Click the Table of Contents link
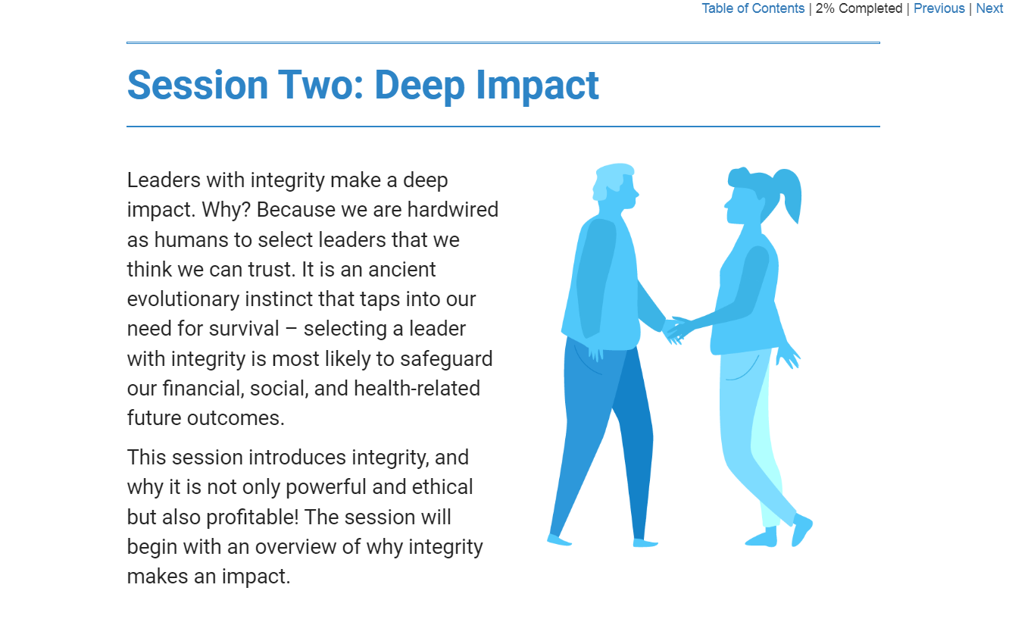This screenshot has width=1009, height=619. point(753,8)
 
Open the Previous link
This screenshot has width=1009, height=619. point(939,8)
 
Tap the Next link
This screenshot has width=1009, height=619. point(989,8)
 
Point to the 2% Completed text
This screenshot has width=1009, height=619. point(858,8)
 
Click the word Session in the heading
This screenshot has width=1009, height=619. point(198,85)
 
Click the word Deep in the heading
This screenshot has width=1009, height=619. point(420,86)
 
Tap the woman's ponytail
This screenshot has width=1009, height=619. point(789,194)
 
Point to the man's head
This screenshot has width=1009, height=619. point(615,186)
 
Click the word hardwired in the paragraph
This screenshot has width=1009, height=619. point(453,209)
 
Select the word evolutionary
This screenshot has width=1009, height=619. point(183,299)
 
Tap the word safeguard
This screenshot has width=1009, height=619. point(446,359)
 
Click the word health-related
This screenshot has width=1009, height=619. point(417,389)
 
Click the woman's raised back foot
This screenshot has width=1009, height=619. point(801,530)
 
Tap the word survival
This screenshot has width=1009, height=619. point(244,329)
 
